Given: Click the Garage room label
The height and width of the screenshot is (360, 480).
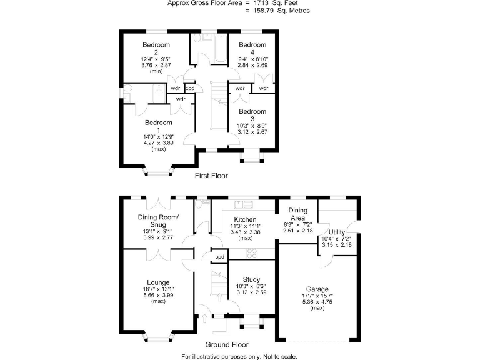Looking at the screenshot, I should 317,289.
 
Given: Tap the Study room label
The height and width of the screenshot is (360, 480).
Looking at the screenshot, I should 248,279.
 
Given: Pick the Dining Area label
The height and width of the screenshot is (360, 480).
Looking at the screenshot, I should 297,214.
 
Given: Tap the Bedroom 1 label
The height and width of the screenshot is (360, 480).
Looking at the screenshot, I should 158,122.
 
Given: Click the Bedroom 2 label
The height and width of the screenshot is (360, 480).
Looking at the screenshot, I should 156,45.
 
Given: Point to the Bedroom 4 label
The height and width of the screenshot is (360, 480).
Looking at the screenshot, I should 252,45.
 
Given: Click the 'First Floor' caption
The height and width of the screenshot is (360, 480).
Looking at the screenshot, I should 211,176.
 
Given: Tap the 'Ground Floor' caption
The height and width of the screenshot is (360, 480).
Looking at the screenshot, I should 226,344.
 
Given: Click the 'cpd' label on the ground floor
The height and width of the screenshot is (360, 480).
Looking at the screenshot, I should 220,257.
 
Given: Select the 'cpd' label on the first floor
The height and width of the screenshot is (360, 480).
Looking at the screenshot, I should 190,88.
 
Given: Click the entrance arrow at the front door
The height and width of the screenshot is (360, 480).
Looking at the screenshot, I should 204,319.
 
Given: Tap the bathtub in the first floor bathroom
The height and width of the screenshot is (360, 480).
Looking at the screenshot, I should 221,50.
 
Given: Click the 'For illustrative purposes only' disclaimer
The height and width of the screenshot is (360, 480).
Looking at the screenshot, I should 239,356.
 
